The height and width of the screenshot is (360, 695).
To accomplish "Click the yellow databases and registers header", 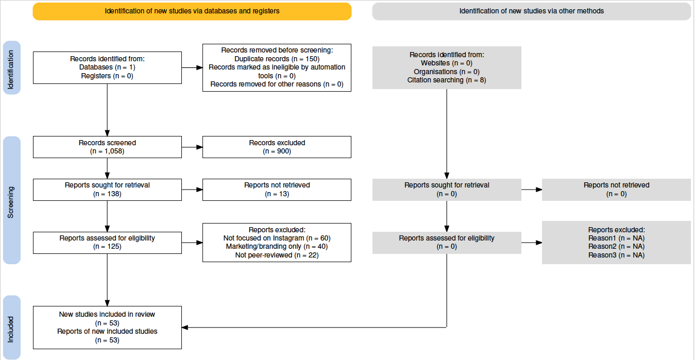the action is [x=192, y=11].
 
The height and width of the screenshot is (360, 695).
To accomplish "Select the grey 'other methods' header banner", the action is [x=532, y=11].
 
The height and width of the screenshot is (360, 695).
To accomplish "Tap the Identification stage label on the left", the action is [x=12, y=67].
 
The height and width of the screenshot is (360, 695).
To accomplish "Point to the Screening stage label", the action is [x=12, y=200].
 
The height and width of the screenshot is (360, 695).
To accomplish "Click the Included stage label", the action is [x=12, y=328].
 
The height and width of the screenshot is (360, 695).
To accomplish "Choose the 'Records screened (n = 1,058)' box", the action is [x=107, y=147].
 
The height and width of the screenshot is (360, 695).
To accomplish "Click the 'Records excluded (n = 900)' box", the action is [x=277, y=147].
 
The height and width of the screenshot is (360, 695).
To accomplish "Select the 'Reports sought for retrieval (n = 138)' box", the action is [x=107, y=190].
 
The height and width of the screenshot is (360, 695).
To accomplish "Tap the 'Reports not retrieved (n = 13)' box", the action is [x=277, y=190].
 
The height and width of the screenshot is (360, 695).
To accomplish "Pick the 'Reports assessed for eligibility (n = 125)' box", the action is [x=107, y=243].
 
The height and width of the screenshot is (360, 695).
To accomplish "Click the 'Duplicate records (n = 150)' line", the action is [x=277, y=59].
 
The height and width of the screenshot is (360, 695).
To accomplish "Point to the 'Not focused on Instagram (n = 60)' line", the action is [x=277, y=238].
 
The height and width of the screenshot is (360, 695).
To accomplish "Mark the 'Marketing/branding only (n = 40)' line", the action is [x=277, y=247].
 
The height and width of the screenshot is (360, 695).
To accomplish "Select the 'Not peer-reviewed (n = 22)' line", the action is [x=277, y=255].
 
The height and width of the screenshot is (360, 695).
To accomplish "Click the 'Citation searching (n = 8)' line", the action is [x=447, y=80].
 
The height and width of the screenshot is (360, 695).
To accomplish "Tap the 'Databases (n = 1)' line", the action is [x=107, y=67].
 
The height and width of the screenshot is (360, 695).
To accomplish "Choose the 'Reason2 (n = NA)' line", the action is [x=616, y=247].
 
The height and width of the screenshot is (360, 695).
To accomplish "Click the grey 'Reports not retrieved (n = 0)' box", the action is [x=616, y=190].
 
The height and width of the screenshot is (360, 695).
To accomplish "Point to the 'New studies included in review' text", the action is [x=107, y=314].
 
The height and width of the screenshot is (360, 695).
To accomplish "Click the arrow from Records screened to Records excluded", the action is [x=192, y=147].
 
